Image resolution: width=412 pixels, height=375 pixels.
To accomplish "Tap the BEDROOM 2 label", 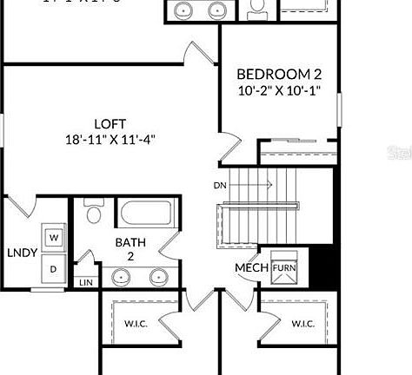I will point(280,74).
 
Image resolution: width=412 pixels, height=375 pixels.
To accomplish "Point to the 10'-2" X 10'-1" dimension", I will point(280,89).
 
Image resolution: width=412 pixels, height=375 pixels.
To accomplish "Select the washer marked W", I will point(54,236).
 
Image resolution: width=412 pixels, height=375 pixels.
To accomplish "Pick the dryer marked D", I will point(54,268).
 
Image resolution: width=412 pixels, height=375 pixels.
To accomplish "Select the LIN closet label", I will point(85,282).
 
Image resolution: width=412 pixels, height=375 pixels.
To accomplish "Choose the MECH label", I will point(250,266).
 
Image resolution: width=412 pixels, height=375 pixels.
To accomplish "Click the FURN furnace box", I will point(284,267).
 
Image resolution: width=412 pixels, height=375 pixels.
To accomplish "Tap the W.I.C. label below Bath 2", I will point(136,324).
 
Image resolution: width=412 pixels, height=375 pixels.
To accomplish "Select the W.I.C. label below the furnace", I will point(302,324).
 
